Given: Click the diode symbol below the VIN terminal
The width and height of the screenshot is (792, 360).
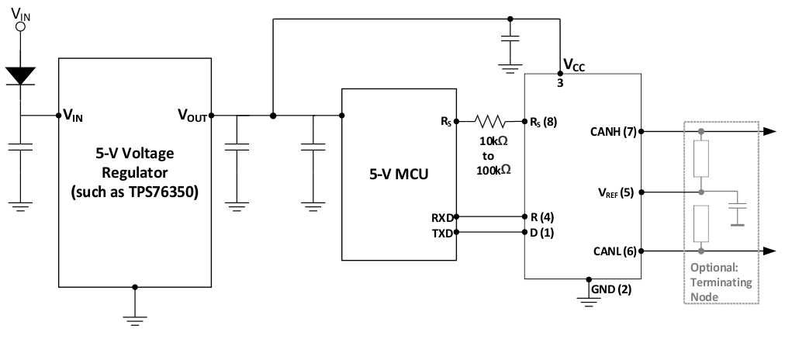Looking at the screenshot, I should point(21,75).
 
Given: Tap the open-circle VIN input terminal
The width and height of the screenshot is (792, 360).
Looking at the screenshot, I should point(21,26).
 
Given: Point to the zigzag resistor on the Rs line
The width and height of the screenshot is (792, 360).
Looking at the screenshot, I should point(490,121).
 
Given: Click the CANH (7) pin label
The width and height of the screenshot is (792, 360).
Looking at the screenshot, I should point(614,132).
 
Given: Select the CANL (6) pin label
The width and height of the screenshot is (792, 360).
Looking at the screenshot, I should point(614,251).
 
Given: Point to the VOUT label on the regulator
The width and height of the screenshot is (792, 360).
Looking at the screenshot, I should point(192,116).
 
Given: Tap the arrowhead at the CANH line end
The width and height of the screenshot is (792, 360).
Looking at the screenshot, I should point(768,132).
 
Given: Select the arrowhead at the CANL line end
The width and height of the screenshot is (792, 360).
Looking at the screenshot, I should point(768,251).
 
